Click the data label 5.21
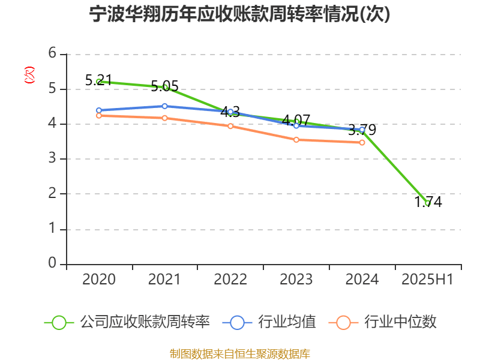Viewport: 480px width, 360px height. (x=99, y=79)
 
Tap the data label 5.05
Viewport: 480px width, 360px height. (x=164, y=86)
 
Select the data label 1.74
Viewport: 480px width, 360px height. (x=428, y=202)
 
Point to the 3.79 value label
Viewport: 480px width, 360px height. (x=362, y=129)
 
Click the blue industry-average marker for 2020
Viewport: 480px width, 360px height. (x=99, y=110)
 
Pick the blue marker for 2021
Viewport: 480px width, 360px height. (x=164, y=106)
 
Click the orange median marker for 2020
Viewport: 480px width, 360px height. (x=99, y=115)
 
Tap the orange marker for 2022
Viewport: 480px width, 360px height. (x=230, y=126)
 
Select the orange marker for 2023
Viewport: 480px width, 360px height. (x=296, y=140)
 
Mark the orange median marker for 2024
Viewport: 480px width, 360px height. (x=362, y=143)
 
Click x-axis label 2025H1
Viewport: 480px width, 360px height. (x=427, y=280)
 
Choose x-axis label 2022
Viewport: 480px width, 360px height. (x=230, y=280)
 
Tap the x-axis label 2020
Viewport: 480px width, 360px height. (x=99, y=280)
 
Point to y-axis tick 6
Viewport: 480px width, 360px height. (x=52, y=54)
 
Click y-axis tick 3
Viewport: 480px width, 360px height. (x=52, y=159)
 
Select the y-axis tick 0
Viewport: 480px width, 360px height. (x=52, y=264)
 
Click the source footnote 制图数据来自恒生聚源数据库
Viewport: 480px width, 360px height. (x=239, y=353)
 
